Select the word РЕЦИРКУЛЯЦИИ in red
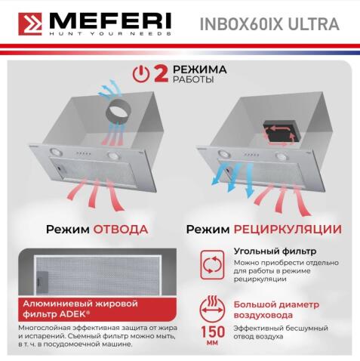[294, 229]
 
